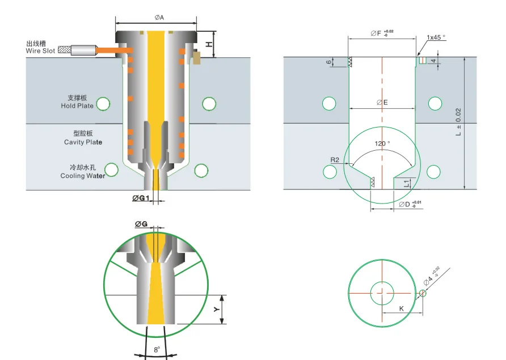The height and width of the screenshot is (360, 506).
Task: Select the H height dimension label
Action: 208,44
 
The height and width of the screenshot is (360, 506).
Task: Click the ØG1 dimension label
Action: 140,198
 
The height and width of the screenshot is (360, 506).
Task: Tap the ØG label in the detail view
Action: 141,225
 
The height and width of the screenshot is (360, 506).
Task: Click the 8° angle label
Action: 157,350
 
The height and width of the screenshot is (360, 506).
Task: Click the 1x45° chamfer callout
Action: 436,37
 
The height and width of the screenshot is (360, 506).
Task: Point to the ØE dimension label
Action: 382,103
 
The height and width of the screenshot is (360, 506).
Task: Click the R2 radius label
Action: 335,160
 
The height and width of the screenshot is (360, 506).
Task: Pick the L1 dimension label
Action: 407,183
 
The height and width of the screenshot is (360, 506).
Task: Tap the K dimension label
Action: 401,308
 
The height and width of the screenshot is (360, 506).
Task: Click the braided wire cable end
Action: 64,50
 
